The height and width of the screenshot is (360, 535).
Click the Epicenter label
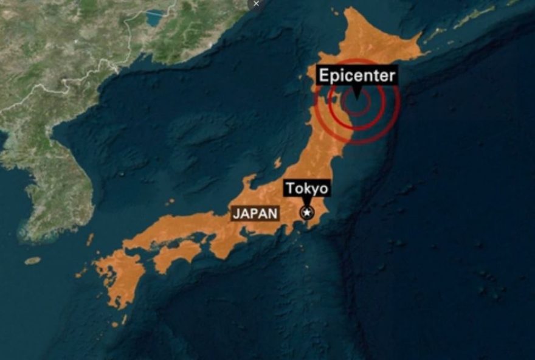357,76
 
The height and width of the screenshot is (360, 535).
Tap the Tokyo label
307,188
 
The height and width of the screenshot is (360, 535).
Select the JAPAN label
255,213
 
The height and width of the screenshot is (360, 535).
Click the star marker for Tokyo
306,213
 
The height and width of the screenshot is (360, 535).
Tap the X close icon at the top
256,4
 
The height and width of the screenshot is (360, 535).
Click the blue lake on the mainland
154,18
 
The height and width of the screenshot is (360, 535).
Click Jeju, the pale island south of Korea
33,260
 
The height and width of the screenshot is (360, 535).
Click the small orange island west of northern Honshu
277,163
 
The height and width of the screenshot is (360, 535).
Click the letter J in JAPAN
236,213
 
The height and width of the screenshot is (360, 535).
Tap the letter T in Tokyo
291,188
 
